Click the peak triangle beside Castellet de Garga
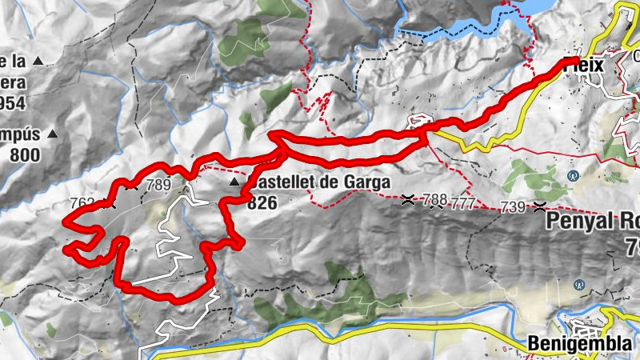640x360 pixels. [234, 183]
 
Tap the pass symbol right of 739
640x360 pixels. [541, 207]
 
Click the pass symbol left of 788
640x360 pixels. [409, 199]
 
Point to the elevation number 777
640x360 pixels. [462, 203]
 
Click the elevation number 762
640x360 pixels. [83, 203]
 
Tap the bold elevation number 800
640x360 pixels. [26, 155]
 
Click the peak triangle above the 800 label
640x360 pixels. [53, 134]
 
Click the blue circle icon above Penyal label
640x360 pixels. [573, 175]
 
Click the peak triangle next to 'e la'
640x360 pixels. [37, 60]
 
